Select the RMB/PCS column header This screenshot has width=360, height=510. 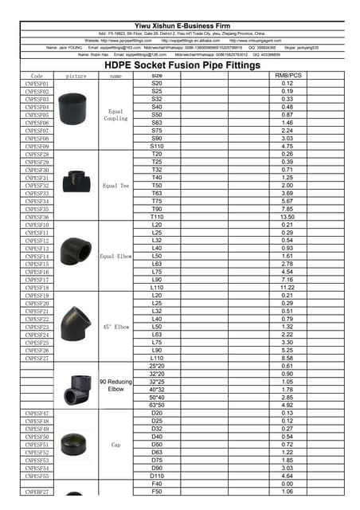pos(287,76)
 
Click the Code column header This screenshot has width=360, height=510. pos(37,76)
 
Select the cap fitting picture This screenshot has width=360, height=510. pos(76,445)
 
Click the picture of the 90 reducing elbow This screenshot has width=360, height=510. pos(76,390)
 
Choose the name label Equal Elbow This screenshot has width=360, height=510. pos(116,257)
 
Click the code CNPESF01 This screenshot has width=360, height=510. pos(37,84)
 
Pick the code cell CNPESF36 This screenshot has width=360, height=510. pos(37,217)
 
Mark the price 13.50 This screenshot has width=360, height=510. pos(287,217)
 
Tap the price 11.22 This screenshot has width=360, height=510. pos(287,288)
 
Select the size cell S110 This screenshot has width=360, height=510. pos(156,147)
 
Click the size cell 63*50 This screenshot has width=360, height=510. pos(156,405)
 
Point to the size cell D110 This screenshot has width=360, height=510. pos(156,476)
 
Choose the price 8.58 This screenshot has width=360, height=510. pos(287,359)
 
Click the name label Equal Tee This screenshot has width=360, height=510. pos(116,186)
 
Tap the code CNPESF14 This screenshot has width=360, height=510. pos(37,257)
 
